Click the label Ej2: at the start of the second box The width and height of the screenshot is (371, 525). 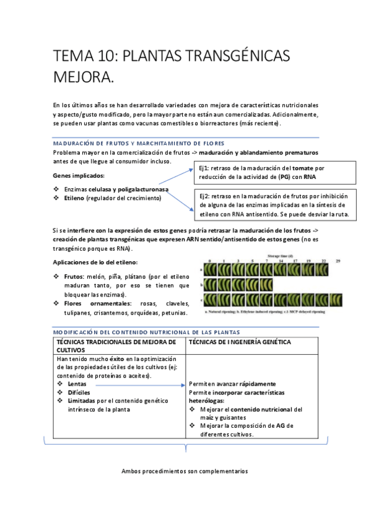pos(206,195)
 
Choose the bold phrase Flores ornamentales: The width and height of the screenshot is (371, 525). pos(98,303)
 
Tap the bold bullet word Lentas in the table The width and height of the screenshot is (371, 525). pos(77,384)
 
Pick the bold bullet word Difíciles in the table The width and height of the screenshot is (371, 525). pos(79,392)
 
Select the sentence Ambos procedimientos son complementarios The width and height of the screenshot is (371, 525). pos(185,471)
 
